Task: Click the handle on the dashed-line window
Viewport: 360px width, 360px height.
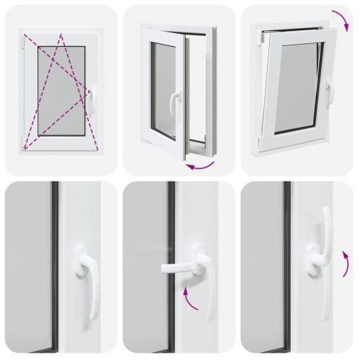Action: point(91,101)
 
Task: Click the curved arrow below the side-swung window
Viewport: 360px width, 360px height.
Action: point(200,166)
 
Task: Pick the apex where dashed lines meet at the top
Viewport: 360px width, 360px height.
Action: point(61,35)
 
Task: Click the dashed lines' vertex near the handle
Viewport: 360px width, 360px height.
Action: point(89,91)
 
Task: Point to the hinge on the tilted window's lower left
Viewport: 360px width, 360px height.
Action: point(257,144)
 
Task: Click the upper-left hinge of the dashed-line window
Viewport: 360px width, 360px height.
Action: point(24,45)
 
